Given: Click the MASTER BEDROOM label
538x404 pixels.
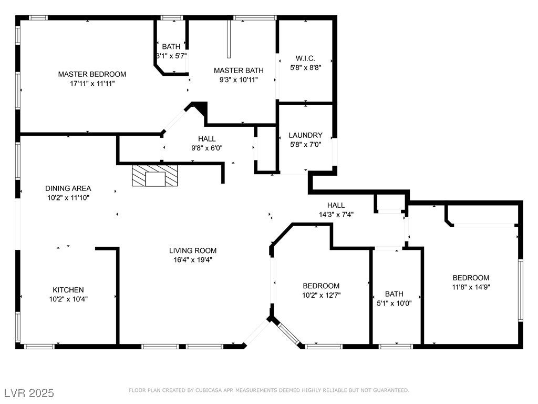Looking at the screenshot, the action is (92, 74).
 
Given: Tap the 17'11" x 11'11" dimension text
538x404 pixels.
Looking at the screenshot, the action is (92, 83).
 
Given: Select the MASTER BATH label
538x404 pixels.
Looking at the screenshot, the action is (239, 70).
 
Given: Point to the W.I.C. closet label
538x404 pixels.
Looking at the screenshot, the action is (305, 58).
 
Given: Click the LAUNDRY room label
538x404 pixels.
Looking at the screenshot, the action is (305, 135).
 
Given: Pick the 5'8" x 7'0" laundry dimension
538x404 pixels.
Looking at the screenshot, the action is (305, 144).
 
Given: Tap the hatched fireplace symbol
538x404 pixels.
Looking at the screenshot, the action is (155, 176).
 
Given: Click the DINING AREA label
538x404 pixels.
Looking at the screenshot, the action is (68, 188).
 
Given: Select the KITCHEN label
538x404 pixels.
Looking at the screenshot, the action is (68, 290).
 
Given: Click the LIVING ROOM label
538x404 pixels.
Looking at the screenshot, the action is (193, 250).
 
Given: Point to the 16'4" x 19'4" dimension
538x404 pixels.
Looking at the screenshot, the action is (193, 260).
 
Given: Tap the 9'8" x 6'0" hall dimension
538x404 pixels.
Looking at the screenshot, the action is (207, 148).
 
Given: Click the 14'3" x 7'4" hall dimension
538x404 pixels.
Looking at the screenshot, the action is (336, 215).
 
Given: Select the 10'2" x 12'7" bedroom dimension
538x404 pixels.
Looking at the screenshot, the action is (321, 295).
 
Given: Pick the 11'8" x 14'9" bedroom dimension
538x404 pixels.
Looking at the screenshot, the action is (471, 287).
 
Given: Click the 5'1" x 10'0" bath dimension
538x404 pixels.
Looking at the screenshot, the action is (394, 303).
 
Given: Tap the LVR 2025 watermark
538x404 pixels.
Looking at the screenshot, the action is (29, 392).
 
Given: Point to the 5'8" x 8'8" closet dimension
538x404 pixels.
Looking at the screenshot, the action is (305, 68).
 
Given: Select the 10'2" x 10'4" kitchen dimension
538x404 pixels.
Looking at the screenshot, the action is (68, 299).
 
